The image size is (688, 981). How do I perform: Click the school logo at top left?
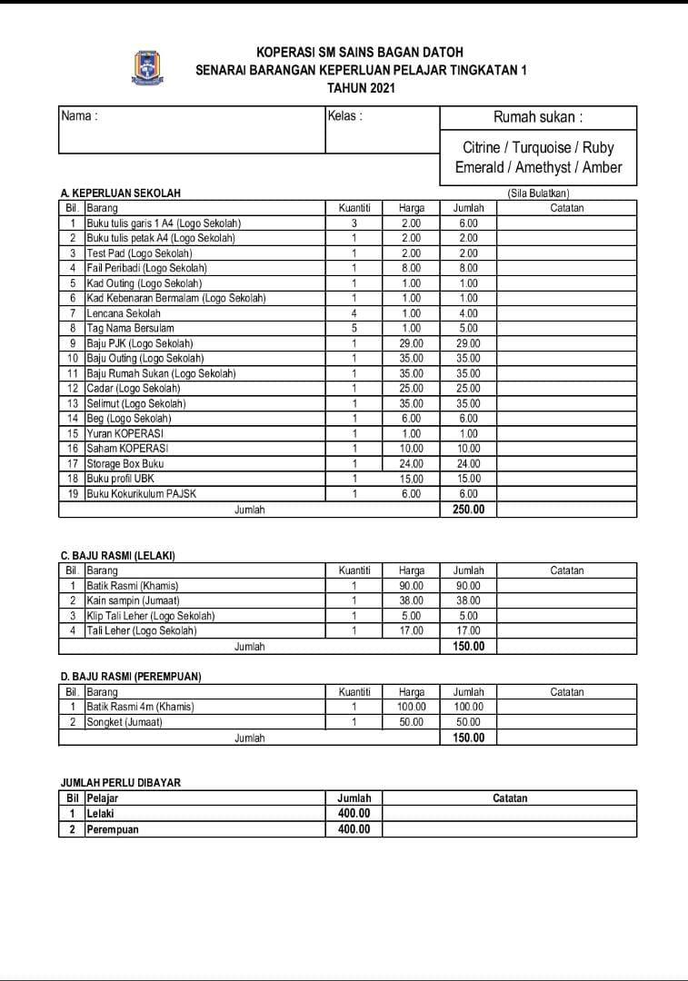coord(147,66)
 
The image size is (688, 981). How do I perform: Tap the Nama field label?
coord(79,116)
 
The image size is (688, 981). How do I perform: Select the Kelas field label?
coord(344,116)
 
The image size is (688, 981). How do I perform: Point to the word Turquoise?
coord(543,147)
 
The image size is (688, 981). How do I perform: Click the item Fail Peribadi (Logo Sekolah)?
coord(146,268)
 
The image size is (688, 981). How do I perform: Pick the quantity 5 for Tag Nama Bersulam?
coord(354,328)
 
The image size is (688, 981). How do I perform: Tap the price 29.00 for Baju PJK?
coord(411,343)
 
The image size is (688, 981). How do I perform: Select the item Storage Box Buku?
coord(125,463)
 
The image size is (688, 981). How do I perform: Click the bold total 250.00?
coord(468,510)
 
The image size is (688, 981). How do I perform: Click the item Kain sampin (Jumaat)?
coord(133,600)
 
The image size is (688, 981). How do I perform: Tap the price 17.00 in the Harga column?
coord(411,630)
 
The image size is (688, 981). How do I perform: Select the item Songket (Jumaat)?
coord(124,722)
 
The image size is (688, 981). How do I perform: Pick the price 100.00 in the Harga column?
coord(411,707)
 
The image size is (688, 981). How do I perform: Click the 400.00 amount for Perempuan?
coord(354,829)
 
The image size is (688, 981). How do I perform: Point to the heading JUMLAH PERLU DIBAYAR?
coord(114,782)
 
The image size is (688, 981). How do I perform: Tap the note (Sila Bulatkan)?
coord(538,193)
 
